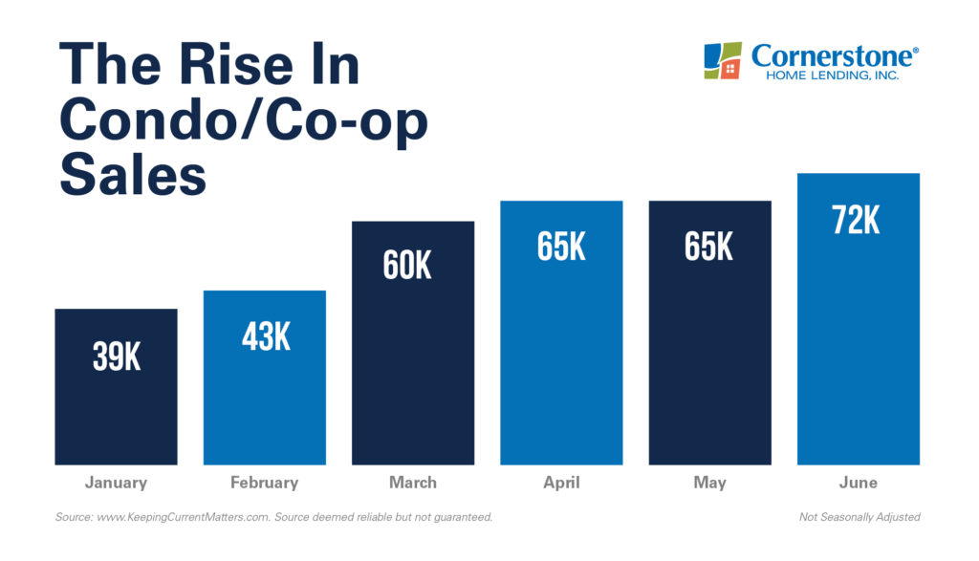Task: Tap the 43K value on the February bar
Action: (x=265, y=336)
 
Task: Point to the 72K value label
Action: (x=857, y=220)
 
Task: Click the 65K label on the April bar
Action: (x=561, y=247)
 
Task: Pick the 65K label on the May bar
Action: (x=708, y=247)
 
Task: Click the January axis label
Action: (x=116, y=483)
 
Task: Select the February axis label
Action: (x=265, y=483)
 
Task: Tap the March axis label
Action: (x=413, y=483)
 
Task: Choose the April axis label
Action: (x=561, y=483)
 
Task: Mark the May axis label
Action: (x=709, y=483)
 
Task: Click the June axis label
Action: (x=858, y=483)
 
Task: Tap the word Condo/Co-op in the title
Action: (x=244, y=121)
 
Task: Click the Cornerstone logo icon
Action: (x=723, y=60)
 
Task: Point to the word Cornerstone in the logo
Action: (x=833, y=55)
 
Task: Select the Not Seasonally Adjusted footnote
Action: (x=859, y=517)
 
